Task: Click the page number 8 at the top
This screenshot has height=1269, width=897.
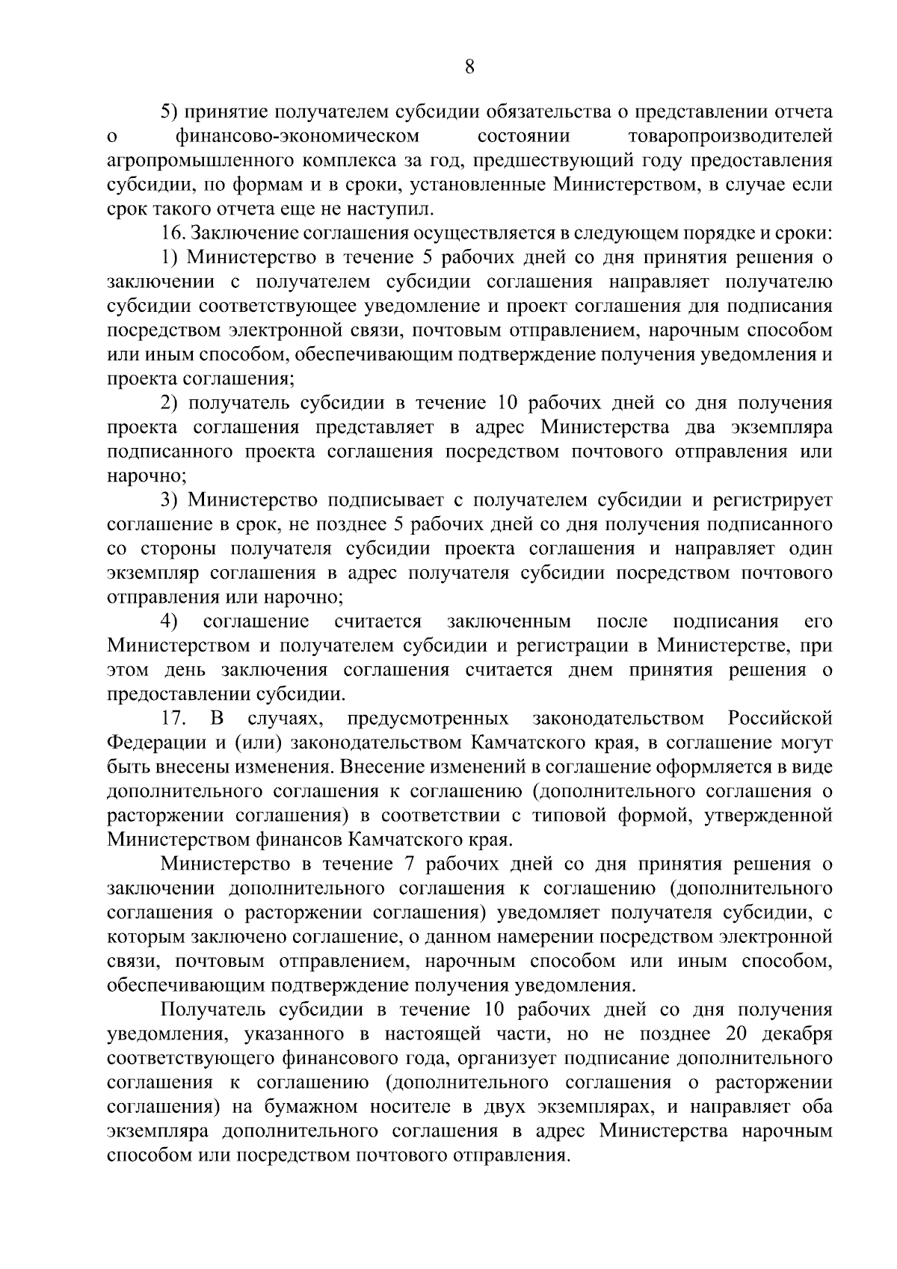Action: coord(469,67)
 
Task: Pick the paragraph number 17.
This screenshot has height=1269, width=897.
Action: coord(173,719)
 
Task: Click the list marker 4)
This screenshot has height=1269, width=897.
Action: coord(169,621)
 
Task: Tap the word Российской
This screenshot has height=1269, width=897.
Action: coord(780,719)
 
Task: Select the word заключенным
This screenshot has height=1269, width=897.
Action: coord(508,621)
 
